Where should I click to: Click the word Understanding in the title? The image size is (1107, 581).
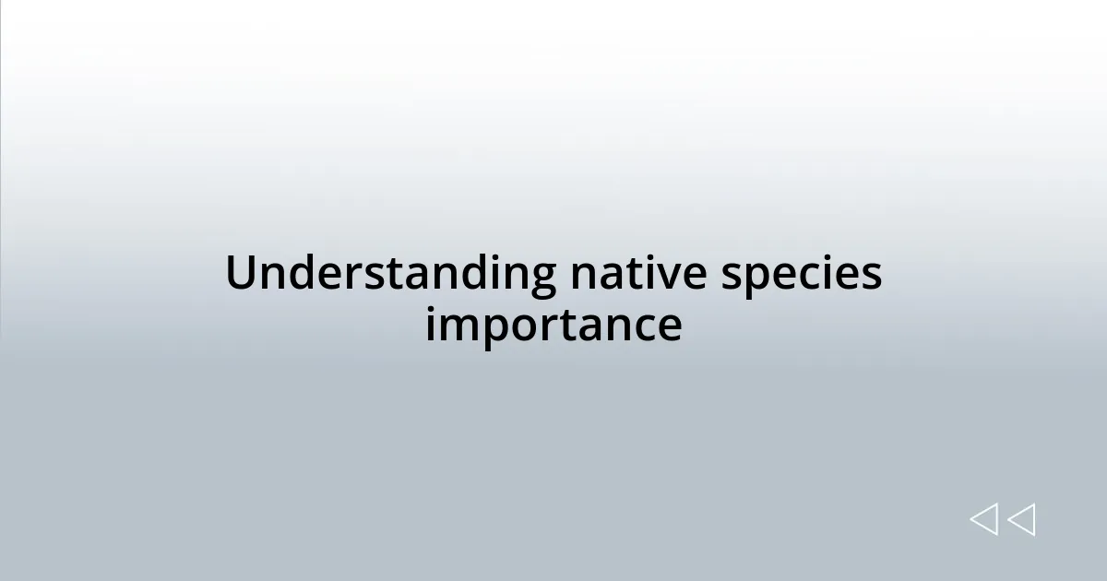coord(390,274)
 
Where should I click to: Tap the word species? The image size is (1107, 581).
coord(801,276)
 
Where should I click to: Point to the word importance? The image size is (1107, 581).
coord(553,325)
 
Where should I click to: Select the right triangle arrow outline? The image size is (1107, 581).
coord(1021,519)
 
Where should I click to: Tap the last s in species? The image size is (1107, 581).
coord(872,275)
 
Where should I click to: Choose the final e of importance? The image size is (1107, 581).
coord(670,326)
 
